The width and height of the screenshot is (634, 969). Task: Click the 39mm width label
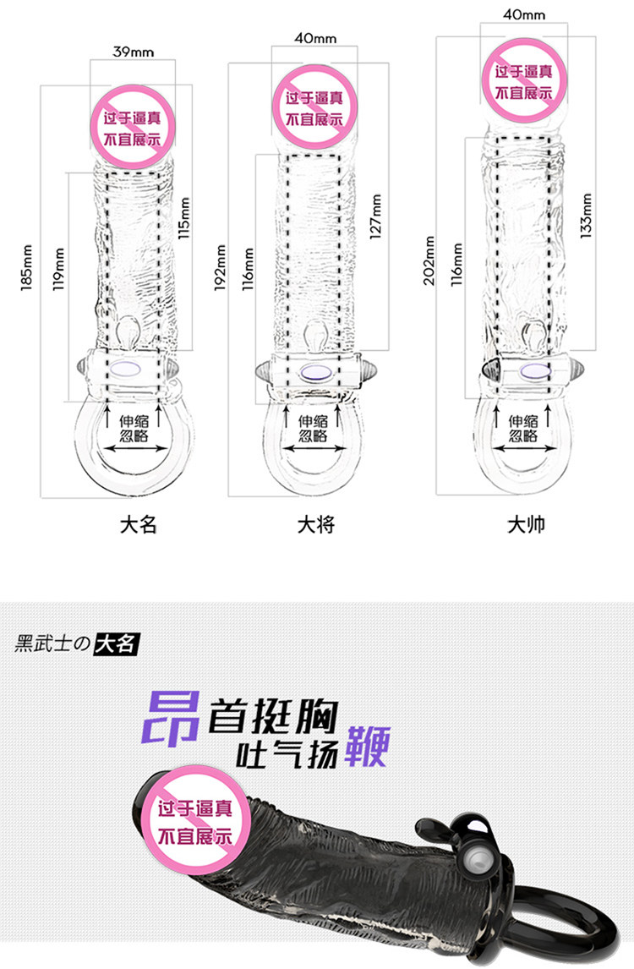(134, 52)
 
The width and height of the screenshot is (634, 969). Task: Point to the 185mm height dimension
(28, 265)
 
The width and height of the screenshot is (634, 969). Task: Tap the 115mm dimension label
(185, 218)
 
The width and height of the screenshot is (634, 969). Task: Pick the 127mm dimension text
(377, 216)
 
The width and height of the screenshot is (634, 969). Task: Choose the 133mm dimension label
(587, 215)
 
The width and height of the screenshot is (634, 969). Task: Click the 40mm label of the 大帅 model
(524, 14)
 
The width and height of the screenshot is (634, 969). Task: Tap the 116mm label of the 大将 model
(249, 269)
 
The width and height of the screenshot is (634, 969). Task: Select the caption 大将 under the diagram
(316, 525)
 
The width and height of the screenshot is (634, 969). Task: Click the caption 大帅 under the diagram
(526, 525)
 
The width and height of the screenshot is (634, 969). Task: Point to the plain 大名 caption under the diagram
(139, 525)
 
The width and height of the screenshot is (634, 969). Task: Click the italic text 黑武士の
(52, 644)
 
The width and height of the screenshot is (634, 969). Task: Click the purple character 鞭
(367, 747)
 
